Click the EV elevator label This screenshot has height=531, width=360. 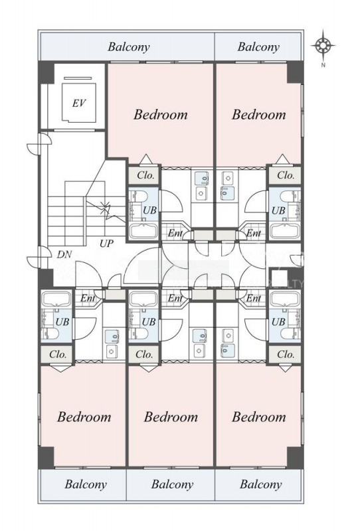(78, 103)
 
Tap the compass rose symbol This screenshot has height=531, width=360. (323, 45)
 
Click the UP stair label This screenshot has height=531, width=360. (106, 243)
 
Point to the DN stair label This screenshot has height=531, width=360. (64, 254)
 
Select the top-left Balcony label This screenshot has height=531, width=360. (128, 46)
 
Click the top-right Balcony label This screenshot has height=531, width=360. (258, 46)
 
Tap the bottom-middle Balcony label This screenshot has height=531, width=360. (172, 485)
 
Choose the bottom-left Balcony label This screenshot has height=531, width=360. (86, 485)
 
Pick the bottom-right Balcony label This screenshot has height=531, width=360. (260, 485)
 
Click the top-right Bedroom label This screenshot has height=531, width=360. (258, 114)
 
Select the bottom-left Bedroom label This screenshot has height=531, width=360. (84, 417)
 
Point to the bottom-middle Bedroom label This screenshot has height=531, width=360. (171, 417)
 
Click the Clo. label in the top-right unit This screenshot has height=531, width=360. (286, 175)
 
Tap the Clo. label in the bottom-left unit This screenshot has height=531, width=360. (58, 354)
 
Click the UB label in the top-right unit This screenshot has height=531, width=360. (278, 210)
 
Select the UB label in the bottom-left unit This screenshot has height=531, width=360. (62, 322)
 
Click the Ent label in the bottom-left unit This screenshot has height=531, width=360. (88, 298)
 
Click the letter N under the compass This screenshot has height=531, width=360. (323, 65)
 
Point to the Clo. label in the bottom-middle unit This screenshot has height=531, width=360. (144, 354)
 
